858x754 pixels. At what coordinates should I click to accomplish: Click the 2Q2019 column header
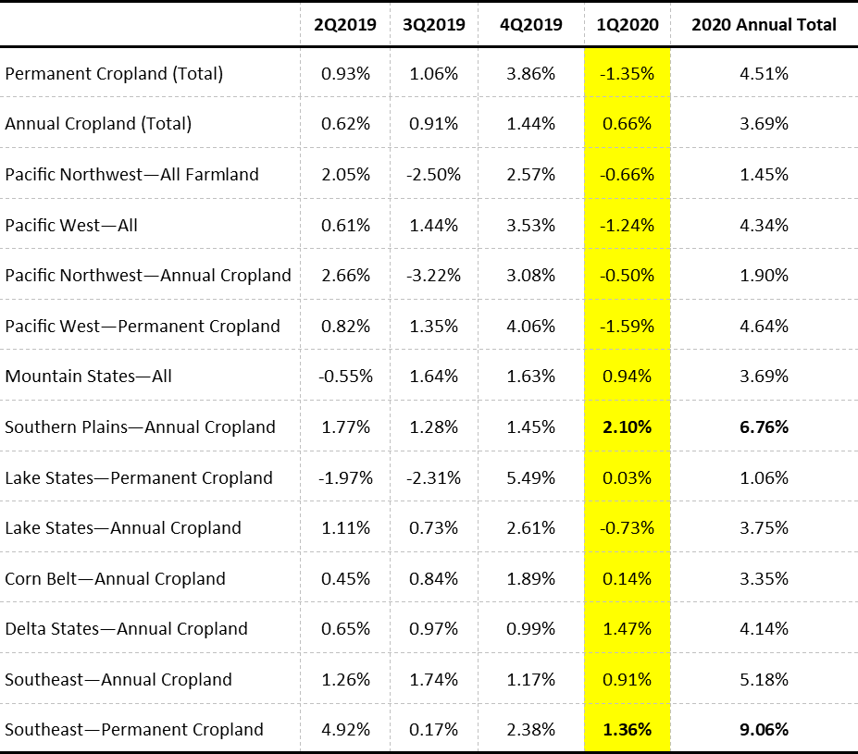click(x=345, y=25)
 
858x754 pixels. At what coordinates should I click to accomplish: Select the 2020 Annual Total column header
click(x=764, y=25)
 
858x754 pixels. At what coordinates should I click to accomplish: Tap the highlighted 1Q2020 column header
click(x=627, y=25)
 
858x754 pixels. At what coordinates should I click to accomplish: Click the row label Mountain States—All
click(x=88, y=376)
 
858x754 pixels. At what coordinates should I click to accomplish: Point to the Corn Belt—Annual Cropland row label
click(x=115, y=578)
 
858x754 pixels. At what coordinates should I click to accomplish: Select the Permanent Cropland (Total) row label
click(x=114, y=73)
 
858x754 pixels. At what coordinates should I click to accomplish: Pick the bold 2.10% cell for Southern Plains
click(x=627, y=426)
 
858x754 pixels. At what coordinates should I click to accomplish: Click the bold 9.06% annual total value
click(x=764, y=729)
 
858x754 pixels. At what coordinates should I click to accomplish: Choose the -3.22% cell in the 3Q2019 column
click(x=433, y=275)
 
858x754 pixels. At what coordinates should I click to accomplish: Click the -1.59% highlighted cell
click(x=627, y=326)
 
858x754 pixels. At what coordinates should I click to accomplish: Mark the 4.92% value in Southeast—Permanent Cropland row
click(x=345, y=729)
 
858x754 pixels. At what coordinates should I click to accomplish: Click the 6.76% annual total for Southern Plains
click(x=764, y=426)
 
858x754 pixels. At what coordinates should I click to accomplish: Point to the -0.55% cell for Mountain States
click(x=345, y=376)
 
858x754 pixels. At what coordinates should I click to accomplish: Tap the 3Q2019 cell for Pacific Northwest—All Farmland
click(x=433, y=174)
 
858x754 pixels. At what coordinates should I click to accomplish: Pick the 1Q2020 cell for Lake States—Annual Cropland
click(x=627, y=527)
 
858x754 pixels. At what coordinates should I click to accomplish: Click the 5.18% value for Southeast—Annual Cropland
click(x=764, y=679)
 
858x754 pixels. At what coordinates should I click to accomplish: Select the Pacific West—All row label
click(x=71, y=225)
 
